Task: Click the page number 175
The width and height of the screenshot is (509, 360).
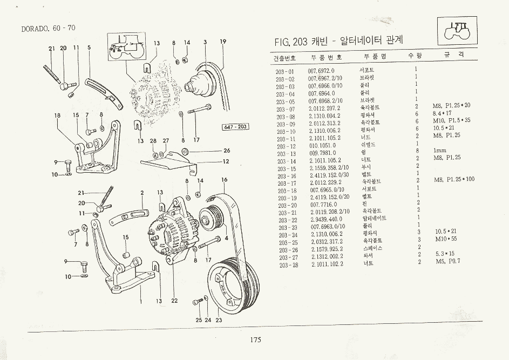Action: (x=255, y=339)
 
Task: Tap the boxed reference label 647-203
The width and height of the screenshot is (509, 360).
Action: (x=234, y=127)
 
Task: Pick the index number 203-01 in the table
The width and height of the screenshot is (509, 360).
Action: (x=285, y=71)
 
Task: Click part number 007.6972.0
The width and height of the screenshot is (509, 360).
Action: (x=321, y=71)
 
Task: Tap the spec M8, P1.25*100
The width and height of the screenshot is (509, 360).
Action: (x=454, y=179)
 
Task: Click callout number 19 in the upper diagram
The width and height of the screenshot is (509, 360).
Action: (x=222, y=42)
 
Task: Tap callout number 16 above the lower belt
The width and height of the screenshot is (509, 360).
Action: (x=224, y=180)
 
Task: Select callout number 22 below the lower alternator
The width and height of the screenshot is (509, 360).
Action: (x=174, y=301)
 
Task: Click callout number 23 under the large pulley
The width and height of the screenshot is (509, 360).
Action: (x=219, y=320)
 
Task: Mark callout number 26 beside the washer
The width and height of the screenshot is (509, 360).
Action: (x=227, y=151)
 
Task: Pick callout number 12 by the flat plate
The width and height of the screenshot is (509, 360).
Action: (x=227, y=161)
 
